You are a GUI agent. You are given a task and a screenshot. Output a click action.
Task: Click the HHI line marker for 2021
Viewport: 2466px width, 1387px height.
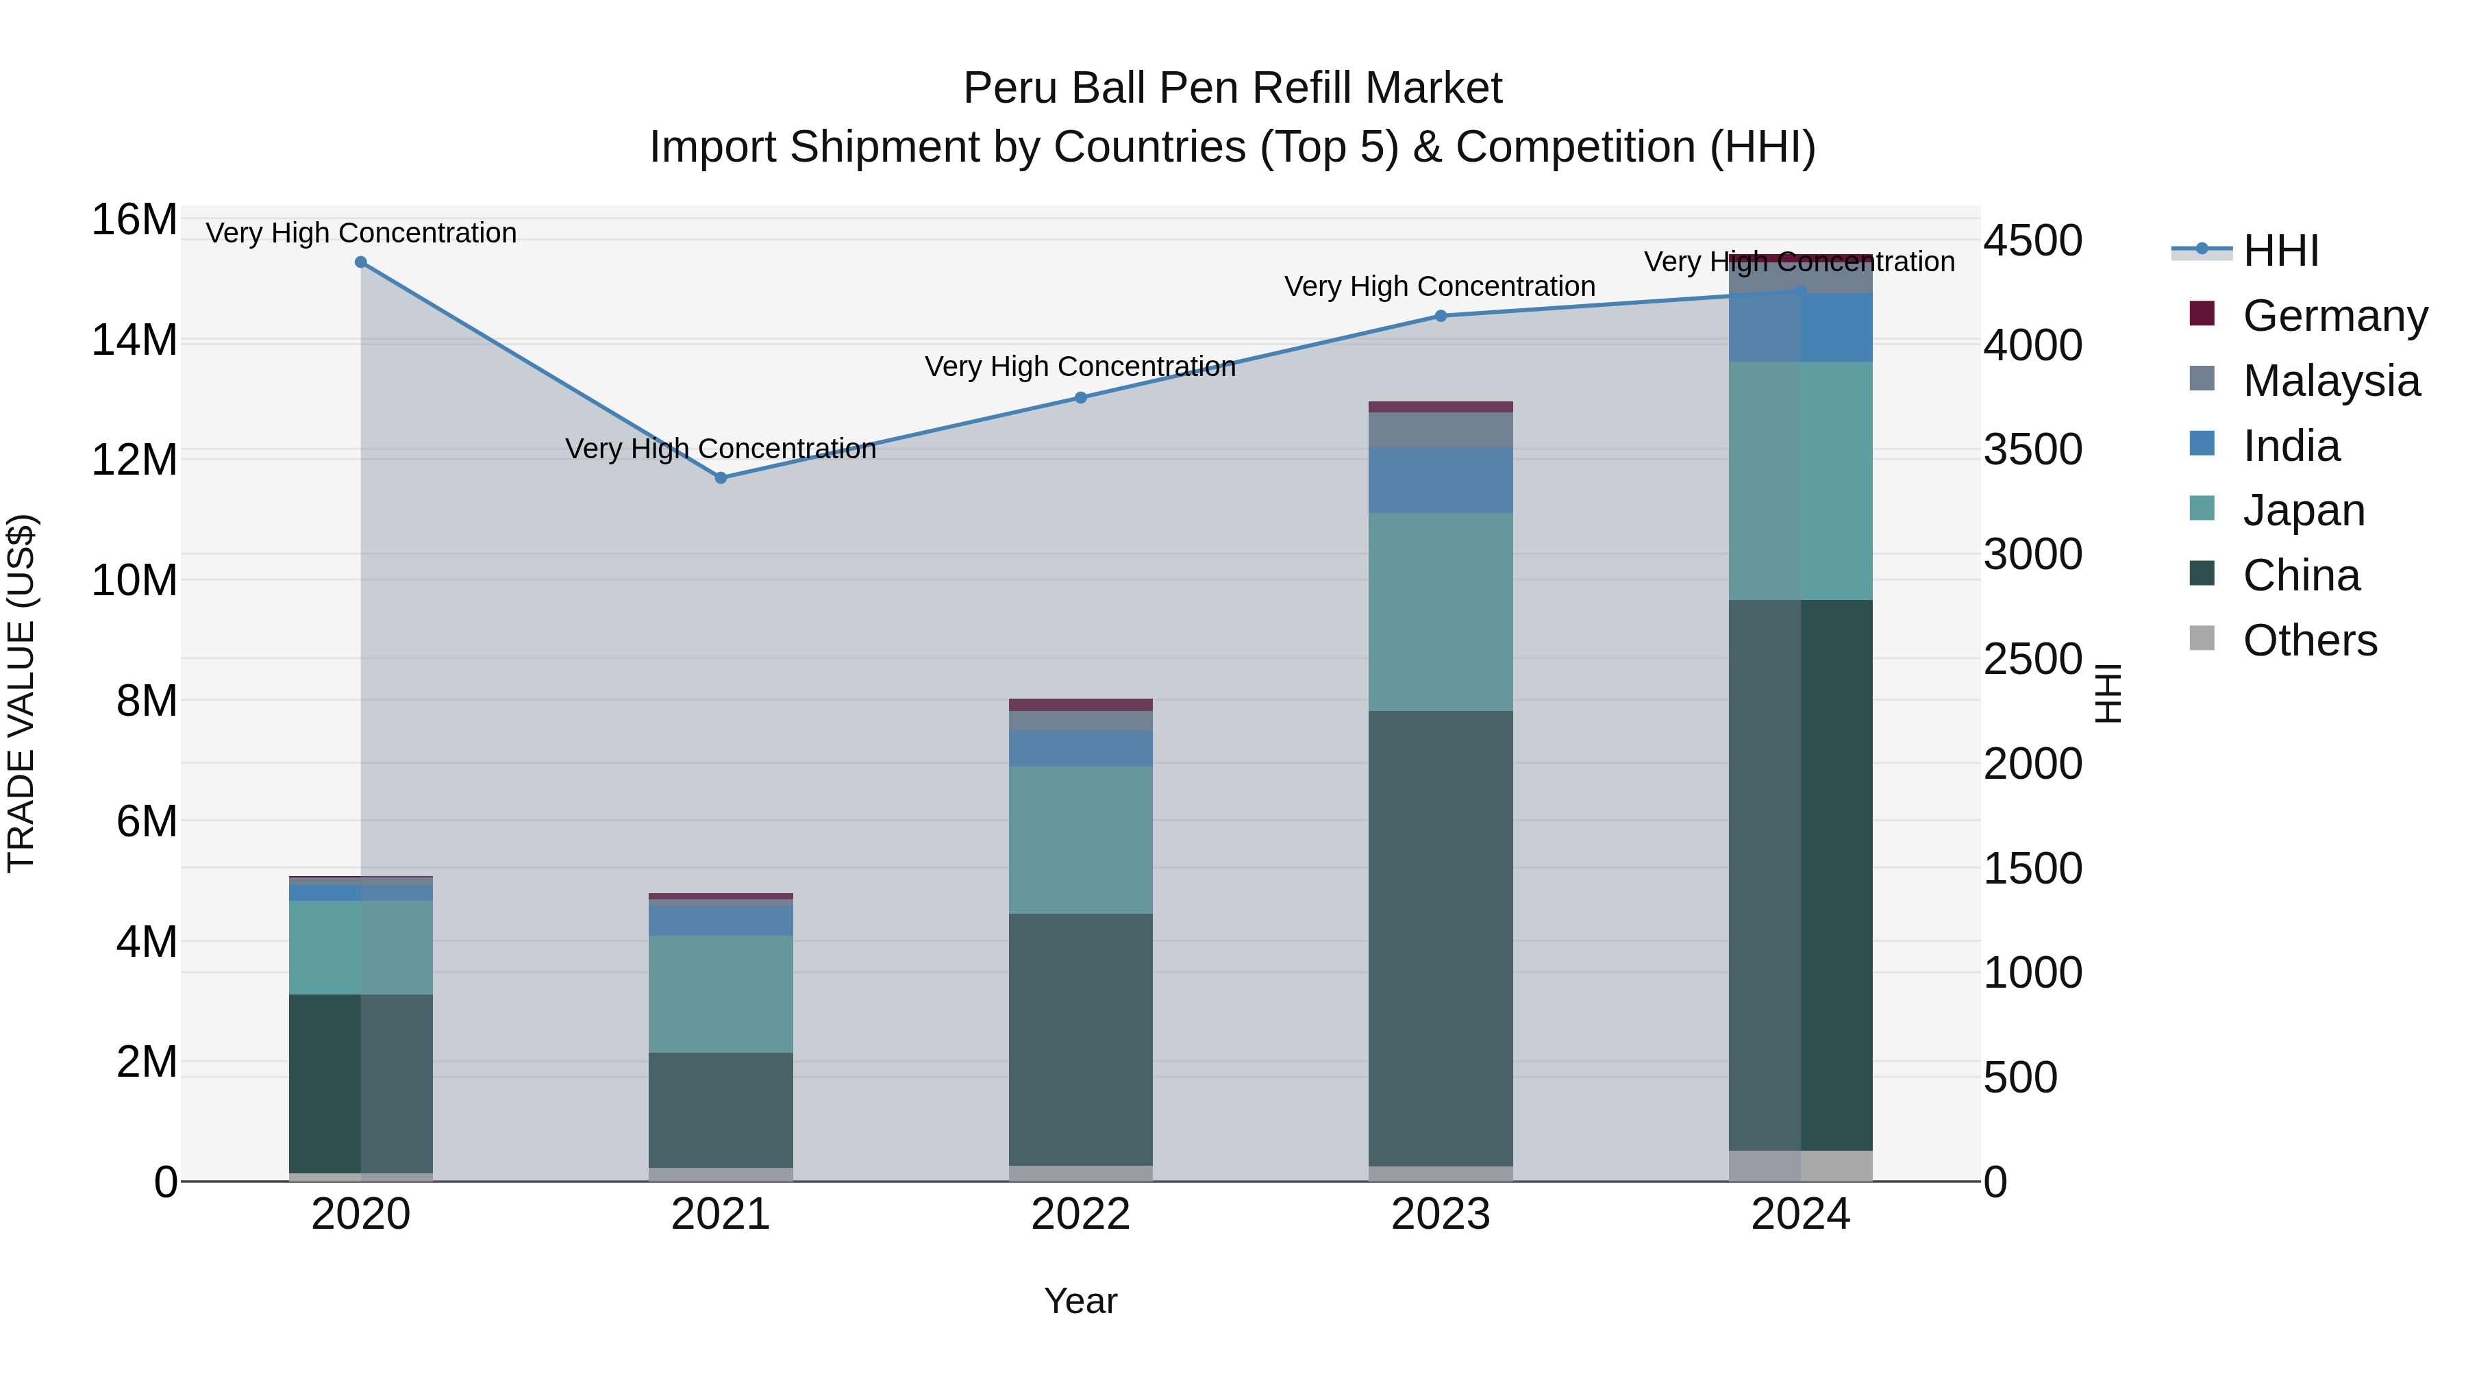point(721,477)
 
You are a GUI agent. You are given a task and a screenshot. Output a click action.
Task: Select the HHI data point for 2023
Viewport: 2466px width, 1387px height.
point(1441,316)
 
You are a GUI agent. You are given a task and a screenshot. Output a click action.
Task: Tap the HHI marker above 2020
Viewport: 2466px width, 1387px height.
point(361,262)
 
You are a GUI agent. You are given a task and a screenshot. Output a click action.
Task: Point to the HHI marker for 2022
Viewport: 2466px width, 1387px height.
point(1081,397)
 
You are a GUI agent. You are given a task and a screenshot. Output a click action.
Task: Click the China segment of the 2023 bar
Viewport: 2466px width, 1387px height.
point(1441,938)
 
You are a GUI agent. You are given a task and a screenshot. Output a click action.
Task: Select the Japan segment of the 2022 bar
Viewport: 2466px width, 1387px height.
point(1081,840)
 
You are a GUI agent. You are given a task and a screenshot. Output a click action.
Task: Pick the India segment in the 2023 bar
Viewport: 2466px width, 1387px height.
point(1441,479)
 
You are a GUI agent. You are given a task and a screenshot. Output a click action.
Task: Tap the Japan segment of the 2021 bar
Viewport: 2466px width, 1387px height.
point(721,994)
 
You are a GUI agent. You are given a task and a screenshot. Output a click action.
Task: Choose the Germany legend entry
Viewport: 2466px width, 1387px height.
point(2334,315)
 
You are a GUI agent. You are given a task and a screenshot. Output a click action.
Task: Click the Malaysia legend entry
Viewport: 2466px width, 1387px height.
point(2330,380)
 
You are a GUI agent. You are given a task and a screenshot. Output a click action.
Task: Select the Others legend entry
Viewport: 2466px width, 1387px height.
point(2309,640)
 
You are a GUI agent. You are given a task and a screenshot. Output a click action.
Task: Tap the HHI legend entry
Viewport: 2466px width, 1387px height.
point(2280,251)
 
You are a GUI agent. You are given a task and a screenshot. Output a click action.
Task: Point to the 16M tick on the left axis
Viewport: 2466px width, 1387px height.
point(134,219)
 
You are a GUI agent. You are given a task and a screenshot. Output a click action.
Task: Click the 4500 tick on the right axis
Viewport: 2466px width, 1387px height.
point(2032,240)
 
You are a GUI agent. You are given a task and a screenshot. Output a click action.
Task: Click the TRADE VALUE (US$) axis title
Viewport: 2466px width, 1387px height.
point(21,693)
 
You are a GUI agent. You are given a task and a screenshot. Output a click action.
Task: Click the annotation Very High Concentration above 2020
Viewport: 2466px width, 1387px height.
point(361,233)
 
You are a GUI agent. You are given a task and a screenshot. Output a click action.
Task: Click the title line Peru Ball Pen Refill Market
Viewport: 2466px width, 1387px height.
point(1232,88)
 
